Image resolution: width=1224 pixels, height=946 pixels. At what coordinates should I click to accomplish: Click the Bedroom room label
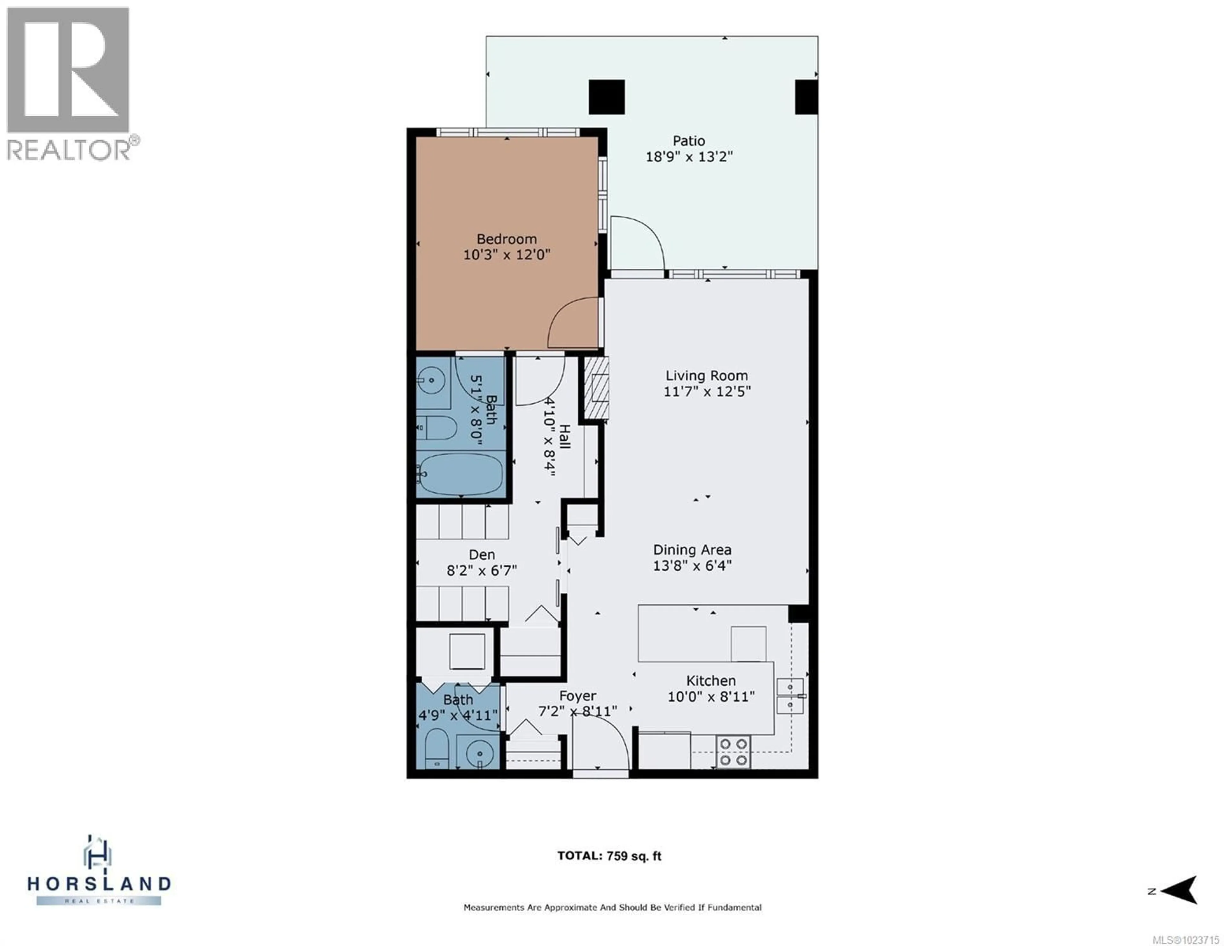(x=506, y=239)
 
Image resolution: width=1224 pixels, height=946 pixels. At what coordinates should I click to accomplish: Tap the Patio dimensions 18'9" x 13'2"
(x=689, y=157)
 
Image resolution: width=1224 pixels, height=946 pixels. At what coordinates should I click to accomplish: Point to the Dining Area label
(x=692, y=550)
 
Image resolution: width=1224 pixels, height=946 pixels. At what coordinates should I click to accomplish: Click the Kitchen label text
(x=710, y=681)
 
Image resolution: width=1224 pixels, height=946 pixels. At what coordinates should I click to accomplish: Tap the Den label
(x=481, y=554)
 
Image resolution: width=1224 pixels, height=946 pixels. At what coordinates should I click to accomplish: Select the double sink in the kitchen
(x=790, y=696)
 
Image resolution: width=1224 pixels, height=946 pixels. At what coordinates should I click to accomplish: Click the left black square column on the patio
(x=606, y=97)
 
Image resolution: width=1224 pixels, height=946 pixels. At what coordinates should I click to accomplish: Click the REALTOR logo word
(x=69, y=150)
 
